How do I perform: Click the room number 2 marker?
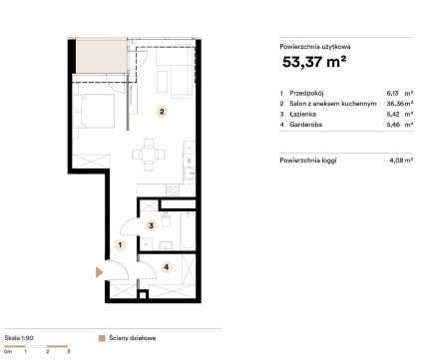point(162,112)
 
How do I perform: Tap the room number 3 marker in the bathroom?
point(151,225)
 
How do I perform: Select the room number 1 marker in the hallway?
point(120,245)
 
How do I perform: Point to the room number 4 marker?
point(167,266)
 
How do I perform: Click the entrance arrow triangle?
point(99,272)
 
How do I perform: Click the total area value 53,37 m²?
point(314,62)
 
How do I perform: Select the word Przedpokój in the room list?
point(306,93)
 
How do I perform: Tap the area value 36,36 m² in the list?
point(400,104)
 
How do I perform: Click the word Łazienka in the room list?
point(302,114)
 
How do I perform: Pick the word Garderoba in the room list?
point(305,125)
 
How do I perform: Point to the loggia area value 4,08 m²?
point(401,160)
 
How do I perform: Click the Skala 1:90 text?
point(19,338)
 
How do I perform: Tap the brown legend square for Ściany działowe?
point(102,338)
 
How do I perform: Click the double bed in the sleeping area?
point(94,111)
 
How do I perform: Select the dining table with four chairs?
point(149,155)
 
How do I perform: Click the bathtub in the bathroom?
point(188,230)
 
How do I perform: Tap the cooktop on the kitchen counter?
point(173,190)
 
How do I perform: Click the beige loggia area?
point(102,56)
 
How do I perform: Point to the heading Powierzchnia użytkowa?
point(315,47)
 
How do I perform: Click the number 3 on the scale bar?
point(69,351)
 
